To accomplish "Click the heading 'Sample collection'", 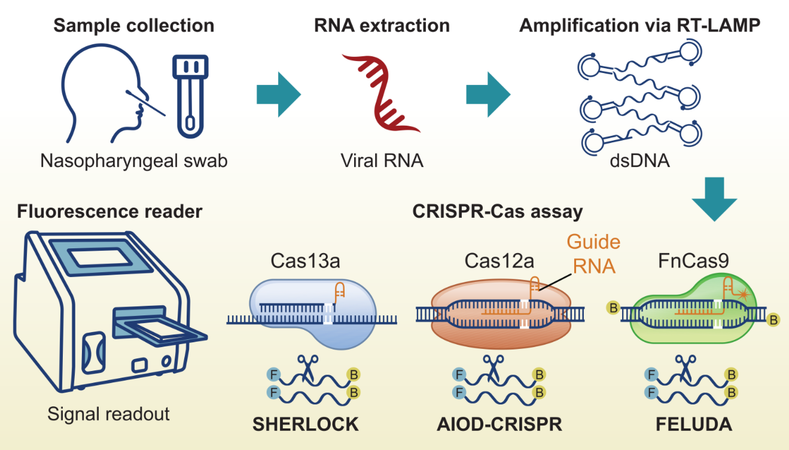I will coord(133,26).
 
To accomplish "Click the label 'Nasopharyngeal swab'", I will coord(134,161).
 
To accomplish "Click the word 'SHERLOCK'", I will coord(306,424).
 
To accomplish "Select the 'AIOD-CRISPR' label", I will coord(499,424).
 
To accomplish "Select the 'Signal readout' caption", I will coord(109,413).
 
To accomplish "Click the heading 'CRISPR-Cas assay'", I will coord(498,211).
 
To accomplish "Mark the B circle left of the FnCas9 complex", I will coord(613,309).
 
